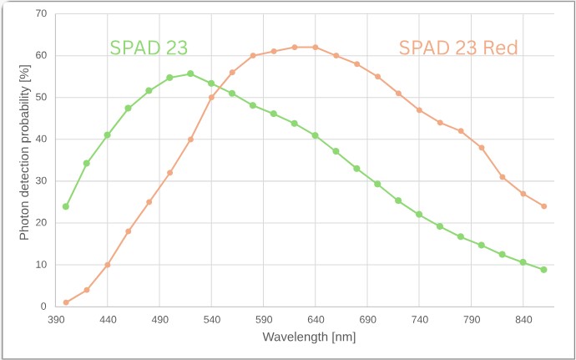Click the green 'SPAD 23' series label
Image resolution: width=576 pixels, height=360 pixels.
pyautogui.click(x=149, y=48)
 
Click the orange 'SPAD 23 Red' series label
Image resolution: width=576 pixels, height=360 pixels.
pyautogui.click(x=458, y=48)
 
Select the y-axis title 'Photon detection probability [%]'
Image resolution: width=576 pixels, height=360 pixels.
pyautogui.click(x=25, y=160)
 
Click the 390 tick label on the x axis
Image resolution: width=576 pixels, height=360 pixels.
pyautogui.click(x=56, y=319)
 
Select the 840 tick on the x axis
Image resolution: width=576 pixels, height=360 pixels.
pyautogui.click(x=523, y=319)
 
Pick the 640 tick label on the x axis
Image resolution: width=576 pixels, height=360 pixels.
pyautogui.click(x=316, y=319)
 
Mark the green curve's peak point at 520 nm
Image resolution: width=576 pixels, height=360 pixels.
pyautogui.click(x=190, y=74)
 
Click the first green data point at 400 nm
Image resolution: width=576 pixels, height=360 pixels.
pyautogui.click(x=66, y=206)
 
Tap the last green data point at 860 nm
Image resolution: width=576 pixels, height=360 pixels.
pyautogui.click(x=543, y=270)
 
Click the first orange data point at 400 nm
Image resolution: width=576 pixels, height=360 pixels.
pyautogui.click(x=66, y=302)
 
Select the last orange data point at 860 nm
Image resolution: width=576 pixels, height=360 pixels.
pyautogui.click(x=543, y=206)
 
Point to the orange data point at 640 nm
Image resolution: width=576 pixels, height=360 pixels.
pyautogui.click(x=316, y=47)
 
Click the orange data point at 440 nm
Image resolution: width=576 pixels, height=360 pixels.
pyautogui.click(x=108, y=265)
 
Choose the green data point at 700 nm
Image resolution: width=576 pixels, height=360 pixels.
pyautogui.click(x=377, y=184)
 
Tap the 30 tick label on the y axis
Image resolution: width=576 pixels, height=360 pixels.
pyautogui.click(x=41, y=181)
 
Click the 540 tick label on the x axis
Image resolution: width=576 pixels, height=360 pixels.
pyautogui.click(x=211, y=319)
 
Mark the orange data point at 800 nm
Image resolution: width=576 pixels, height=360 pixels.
pyautogui.click(x=482, y=148)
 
